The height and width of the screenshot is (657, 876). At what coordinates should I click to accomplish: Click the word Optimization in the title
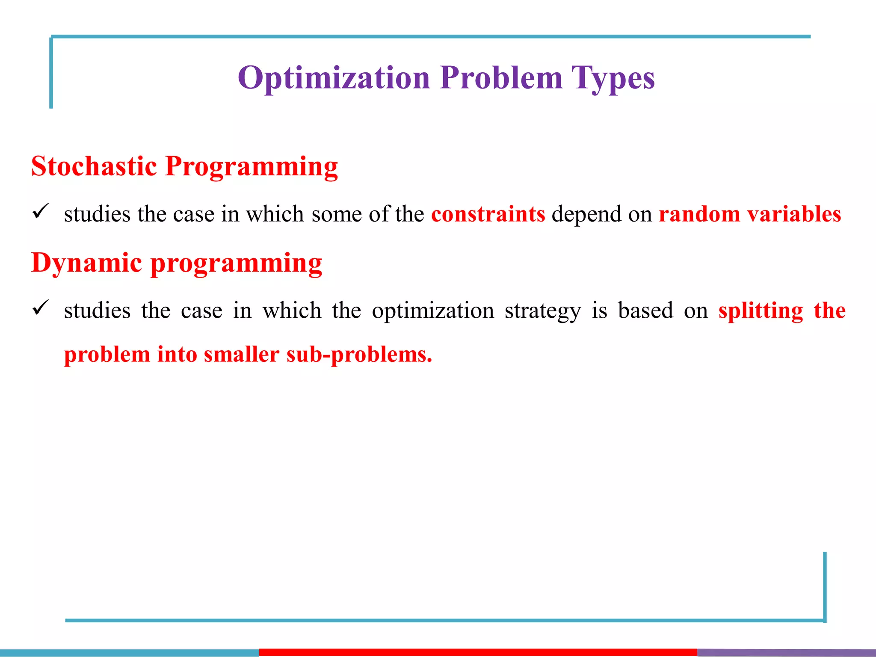(x=334, y=78)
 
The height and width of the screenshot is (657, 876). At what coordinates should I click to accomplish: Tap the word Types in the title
(x=613, y=78)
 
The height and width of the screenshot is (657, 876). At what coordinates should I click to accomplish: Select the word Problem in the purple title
(x=501, y=78)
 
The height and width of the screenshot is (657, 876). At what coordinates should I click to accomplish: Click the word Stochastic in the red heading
(x=94, y=166)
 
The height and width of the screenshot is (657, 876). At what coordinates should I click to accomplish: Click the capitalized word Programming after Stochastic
(x=252, y=167)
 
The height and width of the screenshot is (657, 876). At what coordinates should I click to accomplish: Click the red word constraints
(x=488, y=214)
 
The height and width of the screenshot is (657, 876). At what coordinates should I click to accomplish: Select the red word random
(x=699, y=214)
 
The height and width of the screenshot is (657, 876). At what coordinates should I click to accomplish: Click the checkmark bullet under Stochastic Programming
(x=41, y=211)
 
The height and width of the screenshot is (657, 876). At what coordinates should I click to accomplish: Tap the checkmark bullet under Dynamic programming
(x=41, y=308)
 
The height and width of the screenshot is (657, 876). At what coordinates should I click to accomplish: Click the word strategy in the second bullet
(x=542, y=311)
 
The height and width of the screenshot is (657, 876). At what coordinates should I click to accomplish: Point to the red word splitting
(x=761, y=311)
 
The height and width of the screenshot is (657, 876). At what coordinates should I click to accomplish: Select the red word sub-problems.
(x=359, y=355)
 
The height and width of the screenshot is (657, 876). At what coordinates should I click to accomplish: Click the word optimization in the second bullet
(x=433, y=311)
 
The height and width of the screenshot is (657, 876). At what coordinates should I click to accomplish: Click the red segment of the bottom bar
(x=478, y=652)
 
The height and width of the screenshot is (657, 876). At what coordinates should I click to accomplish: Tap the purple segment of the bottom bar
(x=786, y=652)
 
